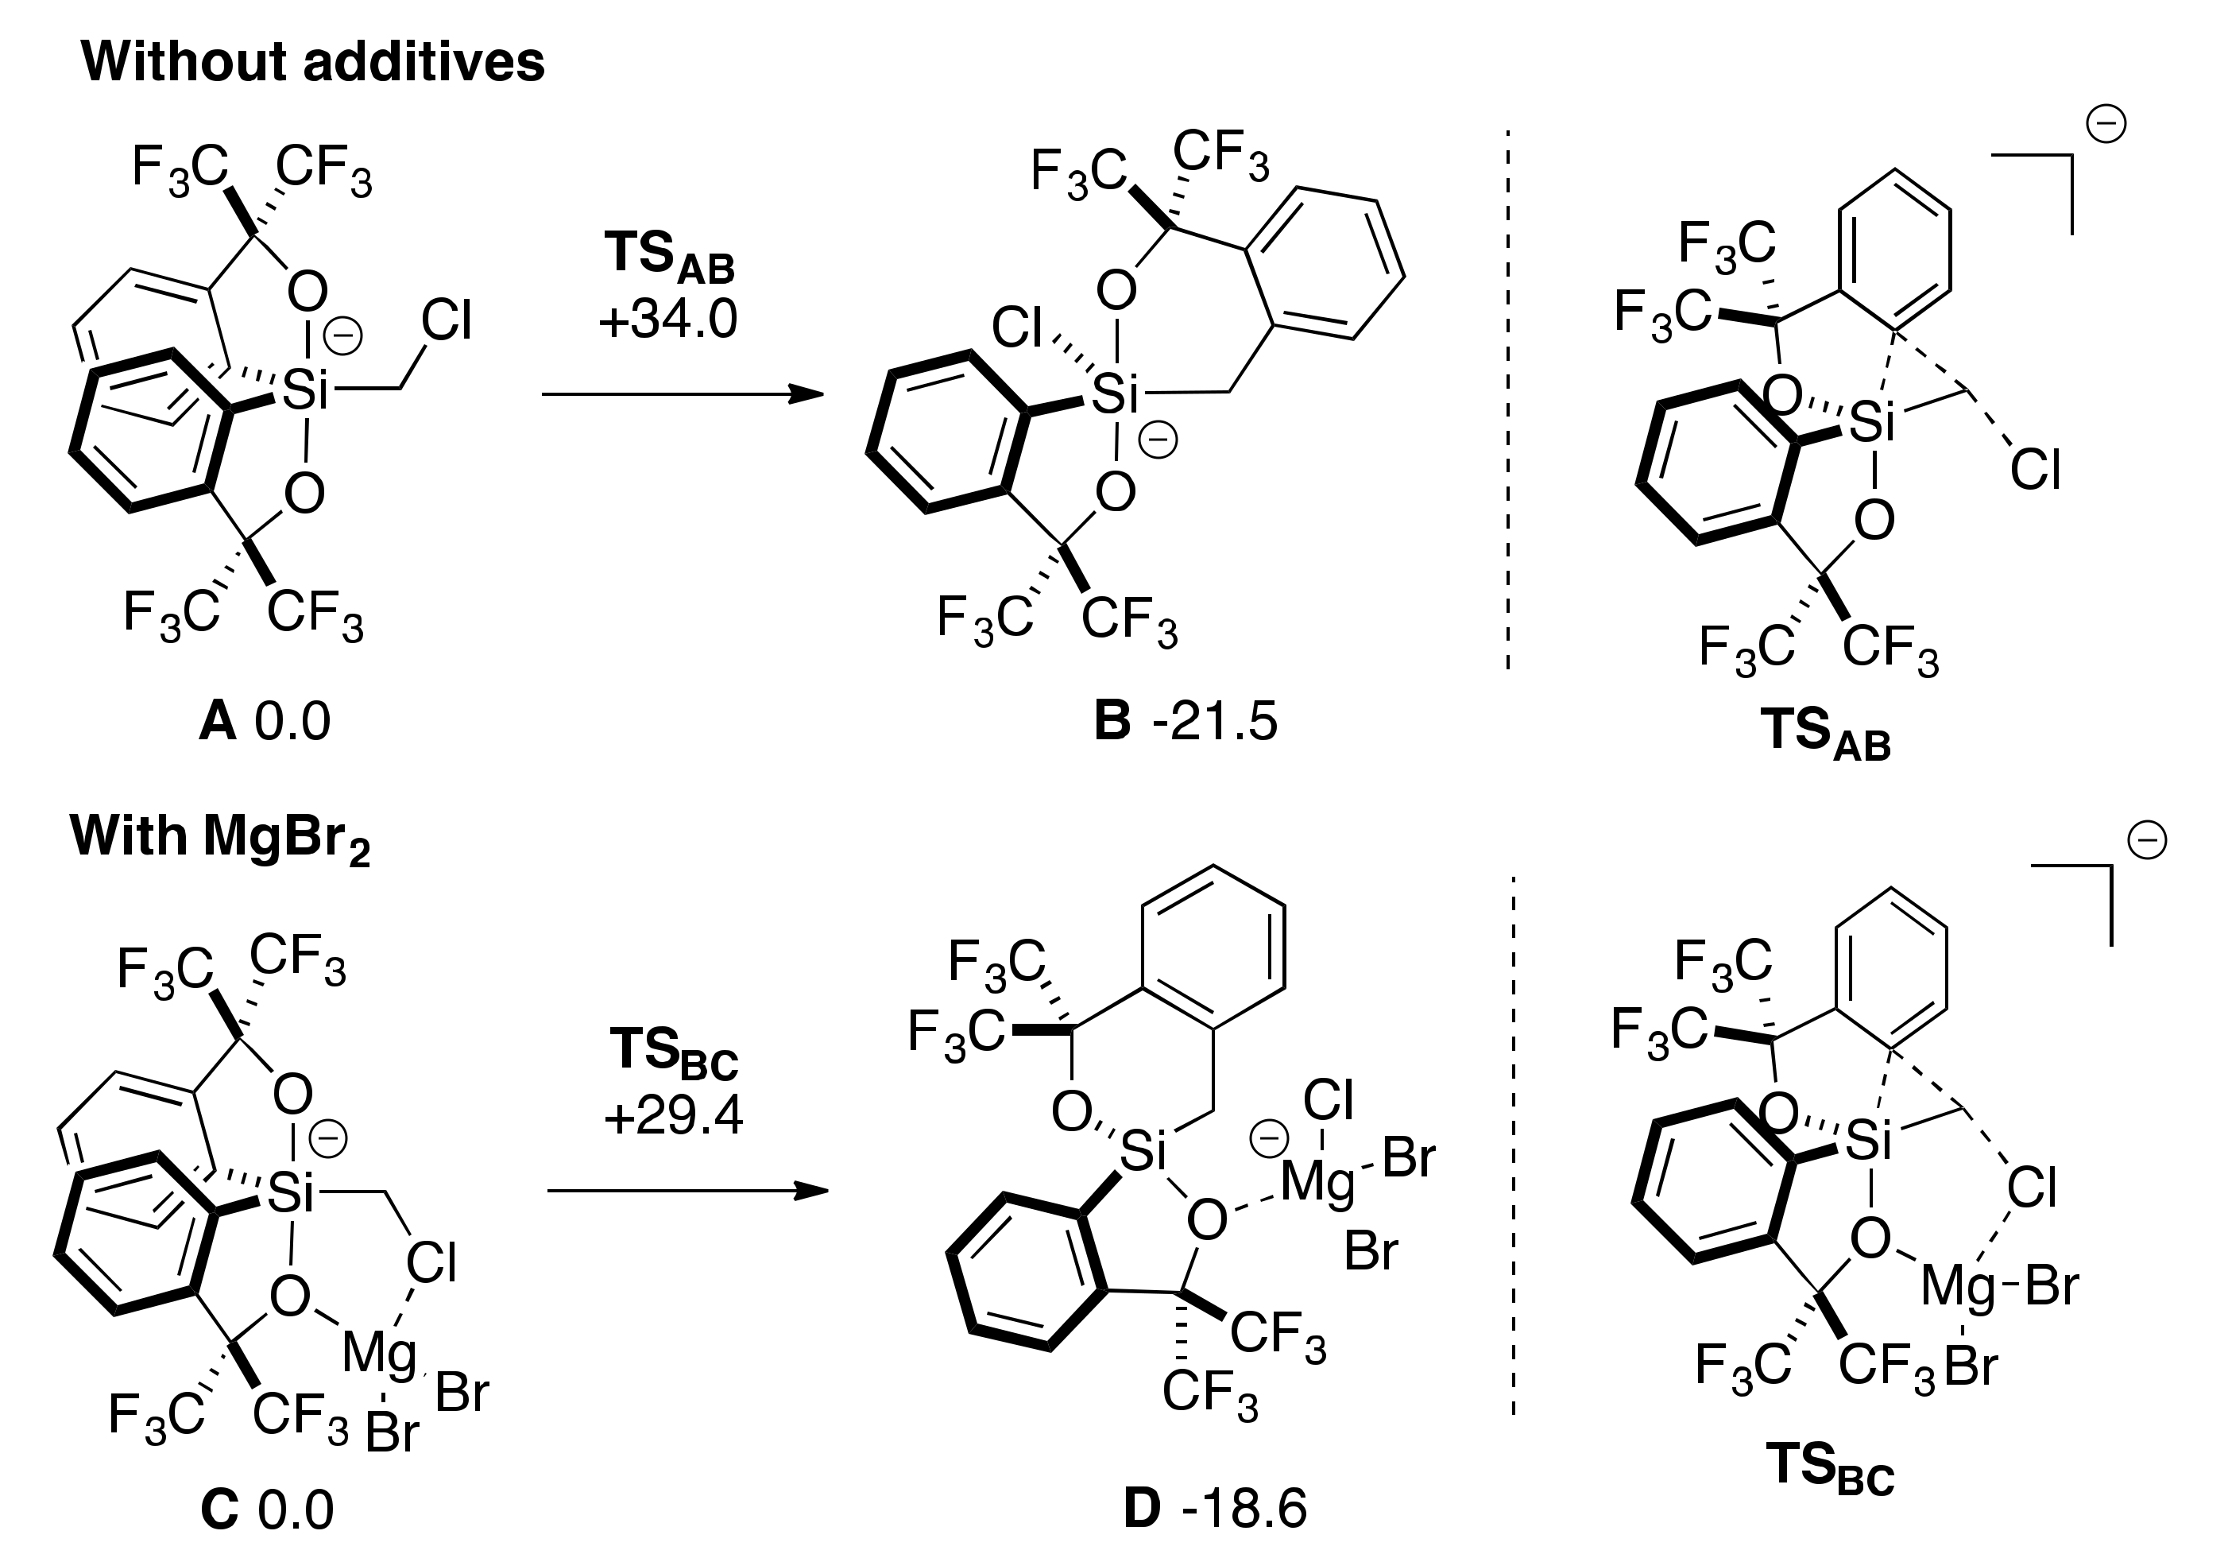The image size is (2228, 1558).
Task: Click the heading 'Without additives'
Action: coord(312,62)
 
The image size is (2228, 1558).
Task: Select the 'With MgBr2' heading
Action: coord(220,837)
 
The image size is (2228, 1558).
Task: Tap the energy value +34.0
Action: coord(668,320)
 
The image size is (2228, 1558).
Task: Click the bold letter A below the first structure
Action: coord(218,723)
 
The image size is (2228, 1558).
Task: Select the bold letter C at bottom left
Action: coord(219,1510)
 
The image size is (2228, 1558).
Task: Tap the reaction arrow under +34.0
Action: coord(683,394)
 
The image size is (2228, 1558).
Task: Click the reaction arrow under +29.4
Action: coord(687,1191)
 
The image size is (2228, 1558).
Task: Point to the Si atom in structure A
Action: coord(304,391)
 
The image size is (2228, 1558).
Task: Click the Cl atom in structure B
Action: coord(1017,328)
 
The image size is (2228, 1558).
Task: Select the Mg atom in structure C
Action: coord(380,1353)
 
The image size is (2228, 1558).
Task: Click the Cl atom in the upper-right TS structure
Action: coord(2035,471)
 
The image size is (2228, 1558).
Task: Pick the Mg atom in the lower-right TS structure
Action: coord(1958,1287)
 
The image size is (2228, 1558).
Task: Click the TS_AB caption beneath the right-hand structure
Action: coord(1824,733)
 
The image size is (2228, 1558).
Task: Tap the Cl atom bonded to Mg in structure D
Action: coord(1328,1101)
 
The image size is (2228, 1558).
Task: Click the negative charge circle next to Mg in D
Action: coord(1268,1140)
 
